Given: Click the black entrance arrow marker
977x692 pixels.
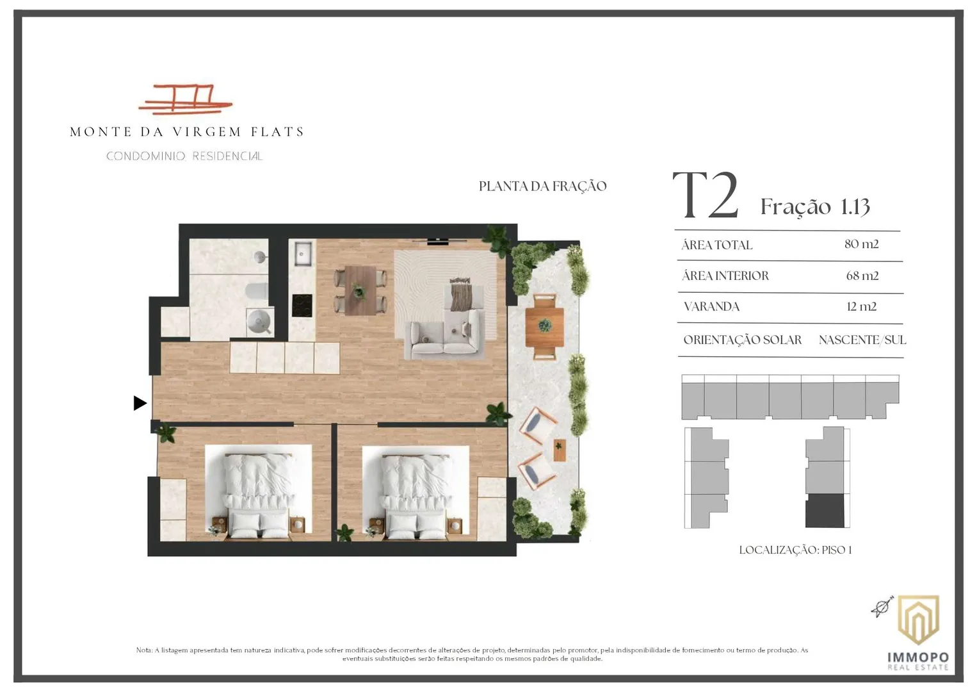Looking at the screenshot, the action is click(140, 403).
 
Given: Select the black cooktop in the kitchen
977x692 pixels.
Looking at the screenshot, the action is click(302, 306).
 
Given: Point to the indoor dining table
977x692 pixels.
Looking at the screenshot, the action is click(360, 290).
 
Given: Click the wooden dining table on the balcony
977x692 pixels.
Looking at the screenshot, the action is click(544, 327).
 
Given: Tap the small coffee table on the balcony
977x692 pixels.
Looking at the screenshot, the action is click(560, 450).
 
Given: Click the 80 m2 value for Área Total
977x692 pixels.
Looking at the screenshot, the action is click(861, 244).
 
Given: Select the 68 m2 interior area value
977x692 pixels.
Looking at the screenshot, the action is click(862, 276).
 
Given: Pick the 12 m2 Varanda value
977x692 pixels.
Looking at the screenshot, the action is click(861, 306).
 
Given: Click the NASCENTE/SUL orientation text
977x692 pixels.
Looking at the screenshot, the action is click(862, 340).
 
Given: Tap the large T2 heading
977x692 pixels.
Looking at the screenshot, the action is click(706, 195).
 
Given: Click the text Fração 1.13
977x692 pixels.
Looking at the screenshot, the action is click(815, 206).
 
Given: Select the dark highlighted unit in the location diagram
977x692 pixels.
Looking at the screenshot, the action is click(825, 511).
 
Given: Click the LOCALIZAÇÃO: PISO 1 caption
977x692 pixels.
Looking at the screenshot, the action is click(795, 550).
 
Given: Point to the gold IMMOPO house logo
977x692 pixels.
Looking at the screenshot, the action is click(919, 620).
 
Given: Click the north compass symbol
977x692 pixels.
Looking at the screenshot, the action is click(882, 607).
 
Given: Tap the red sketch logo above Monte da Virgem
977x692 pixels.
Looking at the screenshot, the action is click(186, 99).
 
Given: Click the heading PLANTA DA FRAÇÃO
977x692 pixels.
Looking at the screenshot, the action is click(542, 186).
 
